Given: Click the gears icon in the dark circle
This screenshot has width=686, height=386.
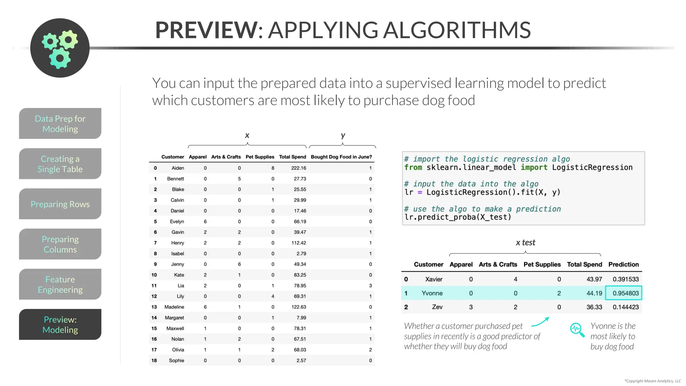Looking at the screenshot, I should click(60, 48).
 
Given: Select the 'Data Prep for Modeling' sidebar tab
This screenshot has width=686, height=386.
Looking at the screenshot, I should click(60, 124).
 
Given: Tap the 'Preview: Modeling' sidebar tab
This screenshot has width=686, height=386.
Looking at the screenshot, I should click(60, 325).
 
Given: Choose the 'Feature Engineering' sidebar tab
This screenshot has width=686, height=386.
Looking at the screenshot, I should click(60, 284).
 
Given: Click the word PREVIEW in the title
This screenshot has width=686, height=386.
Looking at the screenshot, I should click(207, 30).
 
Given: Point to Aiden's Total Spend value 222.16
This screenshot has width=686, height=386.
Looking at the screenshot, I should click(298, 168).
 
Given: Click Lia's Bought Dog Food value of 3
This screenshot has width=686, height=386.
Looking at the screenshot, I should click(370, 285).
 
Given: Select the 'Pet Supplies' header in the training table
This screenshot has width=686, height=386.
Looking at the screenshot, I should click(260, 157).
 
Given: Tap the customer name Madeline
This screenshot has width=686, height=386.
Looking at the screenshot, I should click(174, 307).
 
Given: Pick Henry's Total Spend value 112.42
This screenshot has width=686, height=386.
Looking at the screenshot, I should click(298, 243).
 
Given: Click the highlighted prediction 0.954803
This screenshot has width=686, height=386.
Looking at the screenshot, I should click(625, 293).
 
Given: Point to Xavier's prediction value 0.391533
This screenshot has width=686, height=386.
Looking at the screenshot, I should click(625, 279).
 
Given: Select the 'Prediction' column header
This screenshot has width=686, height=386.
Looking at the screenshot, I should click(623, 264).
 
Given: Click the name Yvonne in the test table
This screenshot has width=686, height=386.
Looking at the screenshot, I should click(432, 293).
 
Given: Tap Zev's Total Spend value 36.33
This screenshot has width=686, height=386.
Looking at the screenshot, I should click(594, 307).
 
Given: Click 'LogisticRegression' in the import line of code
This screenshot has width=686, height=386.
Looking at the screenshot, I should click(592, 168).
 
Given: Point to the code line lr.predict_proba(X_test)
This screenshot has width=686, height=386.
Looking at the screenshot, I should click(458, 217).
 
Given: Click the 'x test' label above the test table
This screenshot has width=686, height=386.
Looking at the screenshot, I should click(525, 243).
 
